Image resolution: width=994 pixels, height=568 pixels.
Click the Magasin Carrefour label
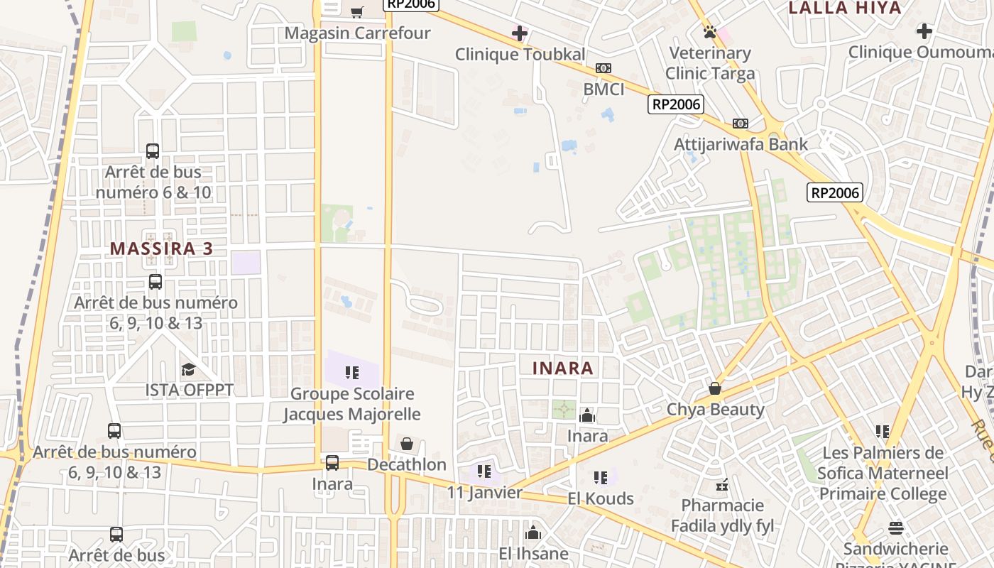pyautogui.click(x=357, y=33)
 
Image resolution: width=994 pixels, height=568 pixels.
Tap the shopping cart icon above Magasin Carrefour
pyautogui.click(x=357, y=12)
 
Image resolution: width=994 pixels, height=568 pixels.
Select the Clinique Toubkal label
pyautogui.click(x=520, y=54)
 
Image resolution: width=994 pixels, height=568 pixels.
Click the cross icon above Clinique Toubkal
pyautogui.click(x=520, y=33)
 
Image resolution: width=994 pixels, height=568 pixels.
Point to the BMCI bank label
pyautogui.click(x=603, y=89)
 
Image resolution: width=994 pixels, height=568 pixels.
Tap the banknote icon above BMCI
pyautogui.click(x=603, y=68)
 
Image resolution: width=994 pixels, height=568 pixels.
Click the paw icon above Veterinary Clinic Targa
pyautogui.click(x=709, y=32)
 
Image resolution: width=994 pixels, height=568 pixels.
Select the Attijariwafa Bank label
pyautogui.click(x=741, y=144)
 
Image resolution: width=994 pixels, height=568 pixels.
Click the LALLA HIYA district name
pyautogui.click(x=845, y=8)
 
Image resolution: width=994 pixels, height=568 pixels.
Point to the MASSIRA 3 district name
pyautogui.click(x=161, y=248)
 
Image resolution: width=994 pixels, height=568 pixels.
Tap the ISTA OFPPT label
pyautogui.click(x=189, y=390)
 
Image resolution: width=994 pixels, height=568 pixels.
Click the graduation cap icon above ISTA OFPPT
pyautogui.click(x=188, y=369)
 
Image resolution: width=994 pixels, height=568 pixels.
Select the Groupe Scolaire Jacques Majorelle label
pyautogui.click(x=352, y=403)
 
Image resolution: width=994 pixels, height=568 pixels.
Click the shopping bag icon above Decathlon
pyautogui.click(x=407, y=444)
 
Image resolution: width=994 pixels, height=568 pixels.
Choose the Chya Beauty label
pyautogui.click(x=715, y=409)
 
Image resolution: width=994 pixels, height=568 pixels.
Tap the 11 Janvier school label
pyautogui.click(x=484, y=492)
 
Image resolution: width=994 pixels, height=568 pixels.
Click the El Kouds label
pyautogui.click(x=601, y=498)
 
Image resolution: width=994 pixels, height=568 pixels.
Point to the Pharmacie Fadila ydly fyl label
pyautogui.click(x=723, y=515)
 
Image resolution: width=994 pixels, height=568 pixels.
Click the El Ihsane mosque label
pyautogui.click(x=533, y=553)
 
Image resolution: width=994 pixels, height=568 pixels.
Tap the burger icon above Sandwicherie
pyautogui.click(x=895, y=528)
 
